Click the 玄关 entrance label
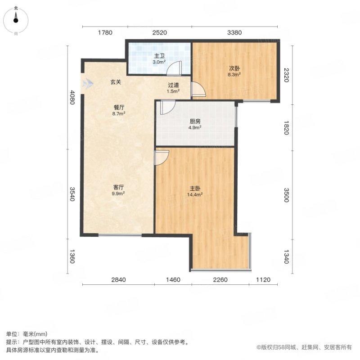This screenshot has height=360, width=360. coord(116,82)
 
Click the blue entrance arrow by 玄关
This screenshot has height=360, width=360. coord(88,84)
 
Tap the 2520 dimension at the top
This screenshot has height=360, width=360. coord(159,32)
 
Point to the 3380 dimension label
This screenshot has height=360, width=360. coord(235,32)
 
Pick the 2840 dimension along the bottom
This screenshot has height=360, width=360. coord(117,280)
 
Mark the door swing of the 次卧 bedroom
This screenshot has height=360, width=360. coord(198,90)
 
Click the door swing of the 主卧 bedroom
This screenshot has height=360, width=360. coord(161,157)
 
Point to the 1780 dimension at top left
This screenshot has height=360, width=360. coord(104,32)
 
